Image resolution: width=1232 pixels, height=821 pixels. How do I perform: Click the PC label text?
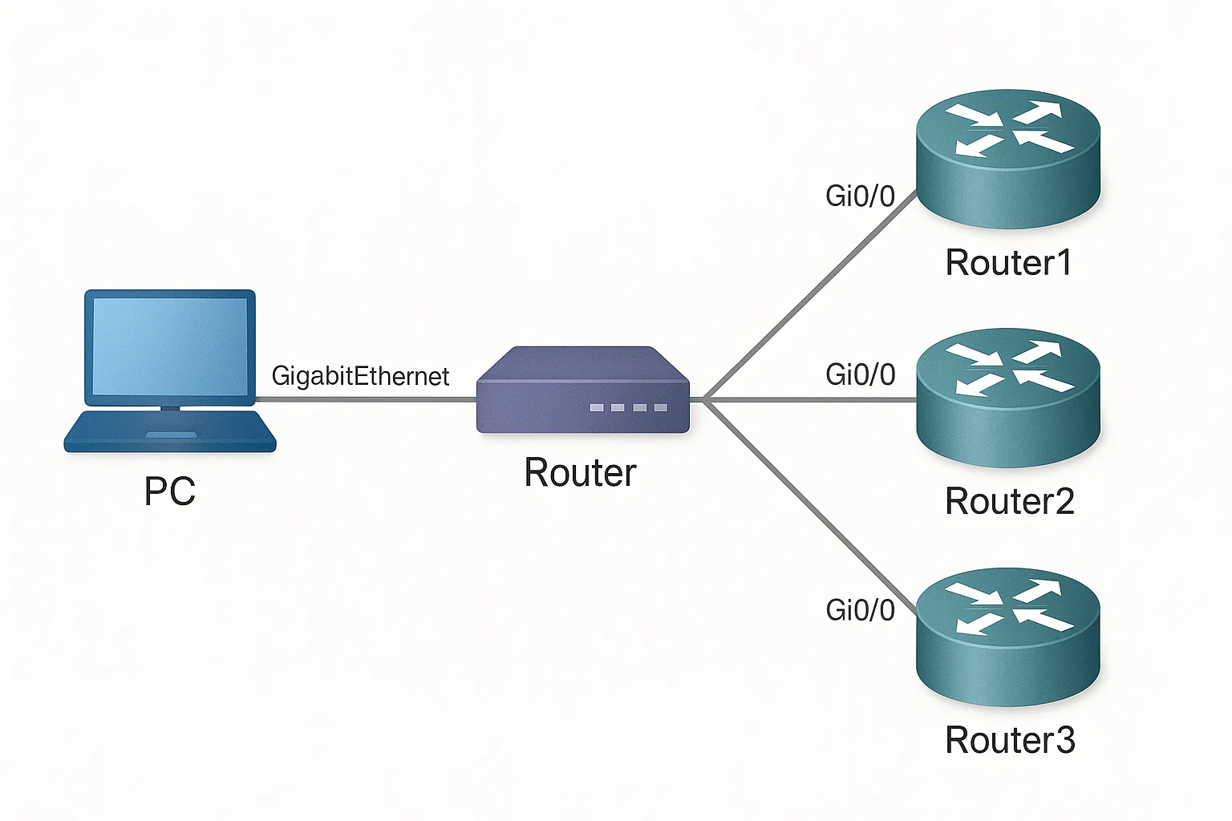point(169,491)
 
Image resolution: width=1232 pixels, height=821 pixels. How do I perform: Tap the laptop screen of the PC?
point(170,346)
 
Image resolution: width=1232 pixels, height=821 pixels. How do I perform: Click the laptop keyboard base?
point(170,431)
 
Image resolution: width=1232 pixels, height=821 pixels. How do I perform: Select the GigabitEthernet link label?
point(360,377)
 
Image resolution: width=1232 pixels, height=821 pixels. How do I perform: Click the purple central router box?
point(583,390)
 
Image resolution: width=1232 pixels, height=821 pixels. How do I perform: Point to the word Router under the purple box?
point(580,472)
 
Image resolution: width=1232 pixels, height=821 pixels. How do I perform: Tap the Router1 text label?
point(1009,262)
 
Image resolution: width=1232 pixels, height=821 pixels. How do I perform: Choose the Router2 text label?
point(1010,501)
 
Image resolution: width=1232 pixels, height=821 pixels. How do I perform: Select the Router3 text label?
point(1010,739)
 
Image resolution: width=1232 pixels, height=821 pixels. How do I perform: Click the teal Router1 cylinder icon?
point(1008,159)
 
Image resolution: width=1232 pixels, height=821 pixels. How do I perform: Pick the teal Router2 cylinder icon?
point(1008,398)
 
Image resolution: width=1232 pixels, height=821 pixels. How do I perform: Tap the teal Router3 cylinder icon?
point(1008,637)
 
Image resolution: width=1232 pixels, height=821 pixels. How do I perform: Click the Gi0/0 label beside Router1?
point(860,196)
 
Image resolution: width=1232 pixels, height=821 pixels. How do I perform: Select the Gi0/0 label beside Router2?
point(860,375)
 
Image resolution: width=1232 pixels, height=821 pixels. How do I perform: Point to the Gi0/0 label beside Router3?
point(860,610)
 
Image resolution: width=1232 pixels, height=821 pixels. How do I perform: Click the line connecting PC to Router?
point(366,400)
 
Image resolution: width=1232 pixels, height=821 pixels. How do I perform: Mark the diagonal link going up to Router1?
point(809,295)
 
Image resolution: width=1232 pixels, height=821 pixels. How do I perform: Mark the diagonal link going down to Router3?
point(809,507)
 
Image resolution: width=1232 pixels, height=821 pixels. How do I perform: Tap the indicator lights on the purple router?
point(629,407)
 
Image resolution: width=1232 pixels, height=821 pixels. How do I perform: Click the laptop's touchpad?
point(171,435)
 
